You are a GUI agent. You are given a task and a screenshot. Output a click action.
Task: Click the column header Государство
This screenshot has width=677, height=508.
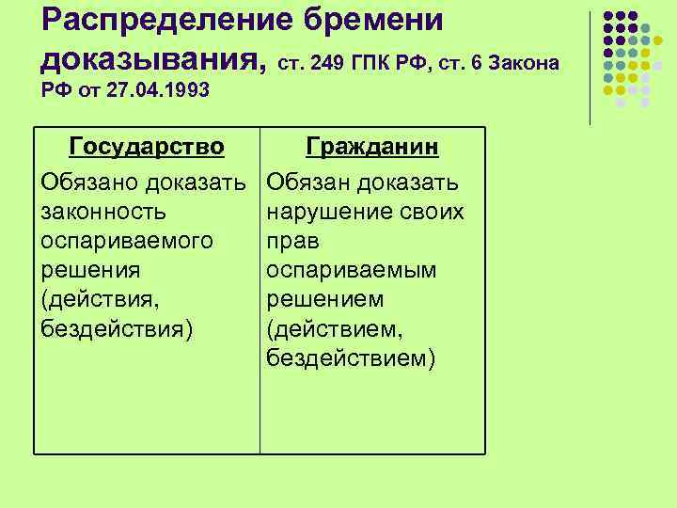[x=147, y=148]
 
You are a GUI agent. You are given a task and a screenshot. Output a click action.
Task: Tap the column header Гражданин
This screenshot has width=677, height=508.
[x=372, y=148]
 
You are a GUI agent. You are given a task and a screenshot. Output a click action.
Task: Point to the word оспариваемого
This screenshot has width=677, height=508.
[x=127, y=241]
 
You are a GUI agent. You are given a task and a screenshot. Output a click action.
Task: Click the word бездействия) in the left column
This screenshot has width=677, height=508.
[x=117, y=329]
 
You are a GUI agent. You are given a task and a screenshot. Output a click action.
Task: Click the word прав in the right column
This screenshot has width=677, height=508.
[x=293, y=241]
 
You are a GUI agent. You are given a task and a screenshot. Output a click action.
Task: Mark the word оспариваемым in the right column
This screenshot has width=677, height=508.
[x=352, y=270]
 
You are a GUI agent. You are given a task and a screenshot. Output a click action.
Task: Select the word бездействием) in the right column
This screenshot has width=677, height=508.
[x=351, y=358]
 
